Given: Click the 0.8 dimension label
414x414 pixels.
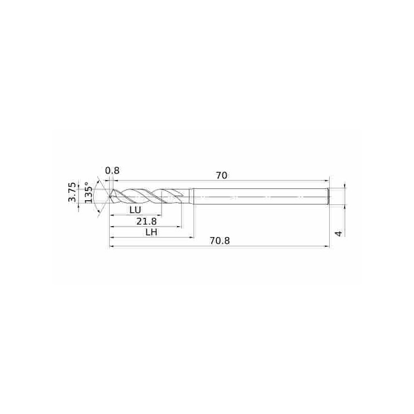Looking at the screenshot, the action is click(x=112, y=171).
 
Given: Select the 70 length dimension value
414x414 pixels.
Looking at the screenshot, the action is click(x=221, y=175).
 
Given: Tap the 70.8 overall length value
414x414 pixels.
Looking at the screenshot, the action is click(x=219, y=241).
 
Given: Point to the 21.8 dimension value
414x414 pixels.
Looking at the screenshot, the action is click(x=146, y=221).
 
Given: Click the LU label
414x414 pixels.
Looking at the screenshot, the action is click(x=136, y=210).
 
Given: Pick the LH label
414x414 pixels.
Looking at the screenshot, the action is click(x=152, y=232).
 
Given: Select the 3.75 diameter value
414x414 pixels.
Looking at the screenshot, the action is click(x=72, y=192).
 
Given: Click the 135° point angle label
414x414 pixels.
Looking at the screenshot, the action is click(x=88, y=193).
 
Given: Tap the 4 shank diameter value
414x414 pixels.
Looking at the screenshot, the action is click(x=338, y=233).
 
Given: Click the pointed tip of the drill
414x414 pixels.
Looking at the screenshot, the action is click(x=109, y=197).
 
